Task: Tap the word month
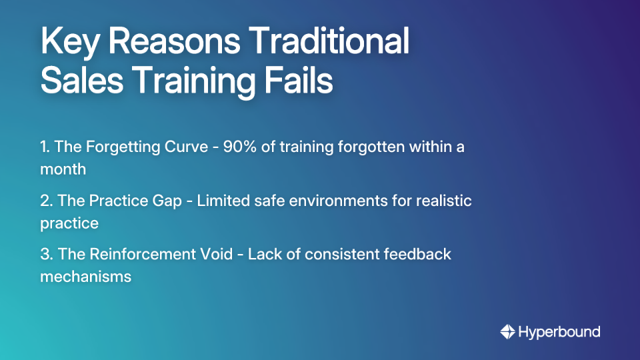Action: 63,169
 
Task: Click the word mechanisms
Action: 86,276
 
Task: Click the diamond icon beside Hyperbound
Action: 507,331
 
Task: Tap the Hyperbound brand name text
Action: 559,331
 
